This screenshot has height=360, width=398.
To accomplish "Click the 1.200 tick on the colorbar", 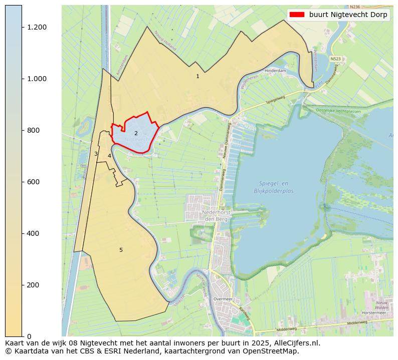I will pos(37,27).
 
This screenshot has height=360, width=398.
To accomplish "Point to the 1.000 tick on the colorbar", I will pos(37,79).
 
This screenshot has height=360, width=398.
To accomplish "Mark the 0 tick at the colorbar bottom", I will pos(29,336).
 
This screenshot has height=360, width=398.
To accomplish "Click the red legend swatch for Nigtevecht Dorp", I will pos(297,15).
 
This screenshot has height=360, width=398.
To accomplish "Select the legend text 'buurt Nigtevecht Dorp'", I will pos(348,15).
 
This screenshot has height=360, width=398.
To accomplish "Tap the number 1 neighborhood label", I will pos(197,76).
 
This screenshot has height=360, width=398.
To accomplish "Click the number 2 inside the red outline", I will pos(136,133).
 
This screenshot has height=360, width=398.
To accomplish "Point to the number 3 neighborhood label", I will pos(96,154).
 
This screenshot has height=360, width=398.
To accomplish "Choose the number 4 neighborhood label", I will pos(109,156).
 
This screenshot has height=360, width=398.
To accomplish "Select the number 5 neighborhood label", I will pos(121,250).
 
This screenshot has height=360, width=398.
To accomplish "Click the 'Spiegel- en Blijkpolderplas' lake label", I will pos(273,187).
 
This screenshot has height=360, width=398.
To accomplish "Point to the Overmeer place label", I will pos(223,298).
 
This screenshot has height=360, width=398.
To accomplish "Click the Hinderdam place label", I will pos(275,71).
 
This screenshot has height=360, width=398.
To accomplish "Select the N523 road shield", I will pos(335,59).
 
